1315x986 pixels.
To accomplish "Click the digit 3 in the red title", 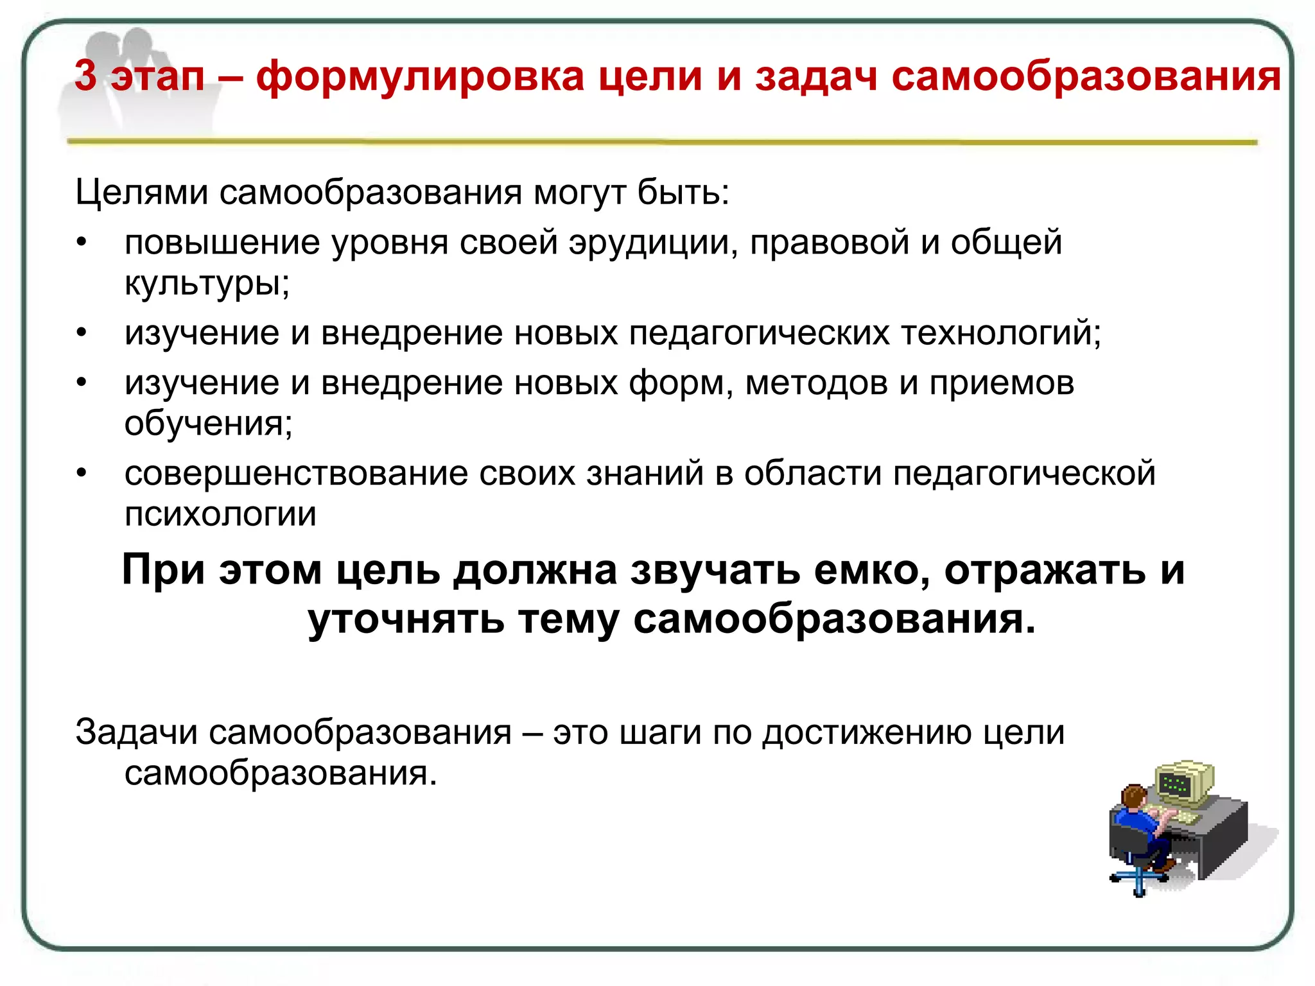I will tap(85, 76).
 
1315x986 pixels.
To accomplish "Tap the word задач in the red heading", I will tap(815, 76).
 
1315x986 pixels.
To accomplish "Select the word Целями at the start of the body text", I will tap(141, 192).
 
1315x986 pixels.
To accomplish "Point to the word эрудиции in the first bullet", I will tap(653, 243).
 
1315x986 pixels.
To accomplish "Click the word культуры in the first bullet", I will tap(203, 282).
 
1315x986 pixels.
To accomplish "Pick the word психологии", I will tap(220, 514).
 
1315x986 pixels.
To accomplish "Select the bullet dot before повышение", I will tap(81, 243).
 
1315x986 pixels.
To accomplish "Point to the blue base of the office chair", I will tap(1137, 879).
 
